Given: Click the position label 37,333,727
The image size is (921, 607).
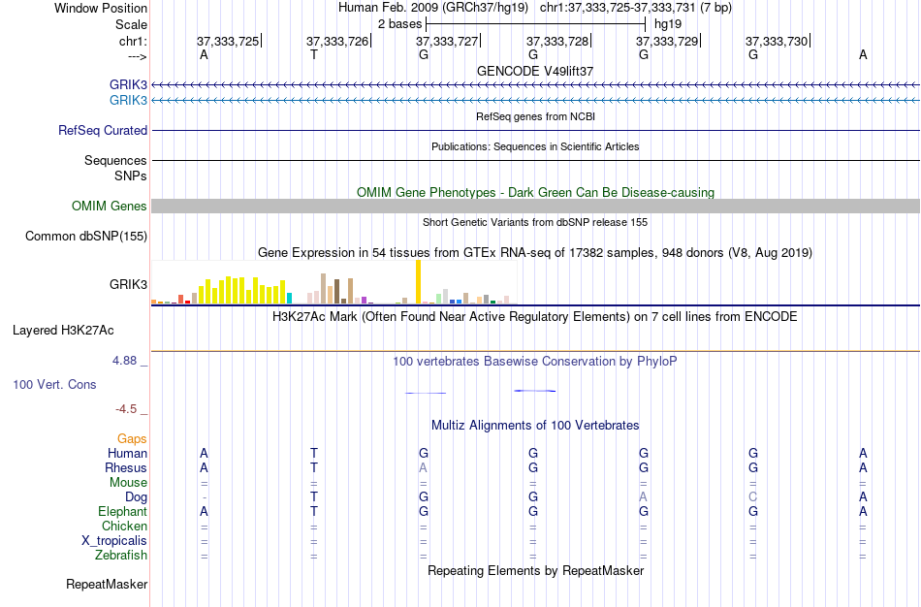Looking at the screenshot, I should (x=447, y=41).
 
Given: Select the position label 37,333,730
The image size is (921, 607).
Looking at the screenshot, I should (x=777, y=41).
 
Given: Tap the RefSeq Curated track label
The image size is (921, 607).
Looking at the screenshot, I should (x=103, y=130).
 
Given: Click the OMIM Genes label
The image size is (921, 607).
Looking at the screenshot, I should (x=110, y=206).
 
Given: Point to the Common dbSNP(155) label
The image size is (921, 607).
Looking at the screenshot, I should (x=86, y=236).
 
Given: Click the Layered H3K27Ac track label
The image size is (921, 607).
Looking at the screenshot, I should (x=63, y=330).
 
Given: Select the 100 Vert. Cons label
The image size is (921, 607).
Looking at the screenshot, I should (x=54, y=384).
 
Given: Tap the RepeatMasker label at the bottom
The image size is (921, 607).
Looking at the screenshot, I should (x=107, y=585).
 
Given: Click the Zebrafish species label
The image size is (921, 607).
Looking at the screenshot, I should (x=121, y=556).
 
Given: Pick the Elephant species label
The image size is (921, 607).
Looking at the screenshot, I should (x=122, y=511).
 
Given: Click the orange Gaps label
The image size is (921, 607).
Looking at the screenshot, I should (x=132, y=439).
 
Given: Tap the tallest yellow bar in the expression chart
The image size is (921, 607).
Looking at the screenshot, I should (x=418, y=282).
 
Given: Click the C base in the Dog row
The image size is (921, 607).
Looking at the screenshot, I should (x=752, y=496).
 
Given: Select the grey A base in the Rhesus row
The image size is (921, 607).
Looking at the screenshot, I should (x=423, y=467).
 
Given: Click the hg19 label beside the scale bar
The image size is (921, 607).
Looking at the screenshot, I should (x=667, y=23).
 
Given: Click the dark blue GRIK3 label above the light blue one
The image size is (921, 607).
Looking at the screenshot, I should (x=129, y=84).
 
